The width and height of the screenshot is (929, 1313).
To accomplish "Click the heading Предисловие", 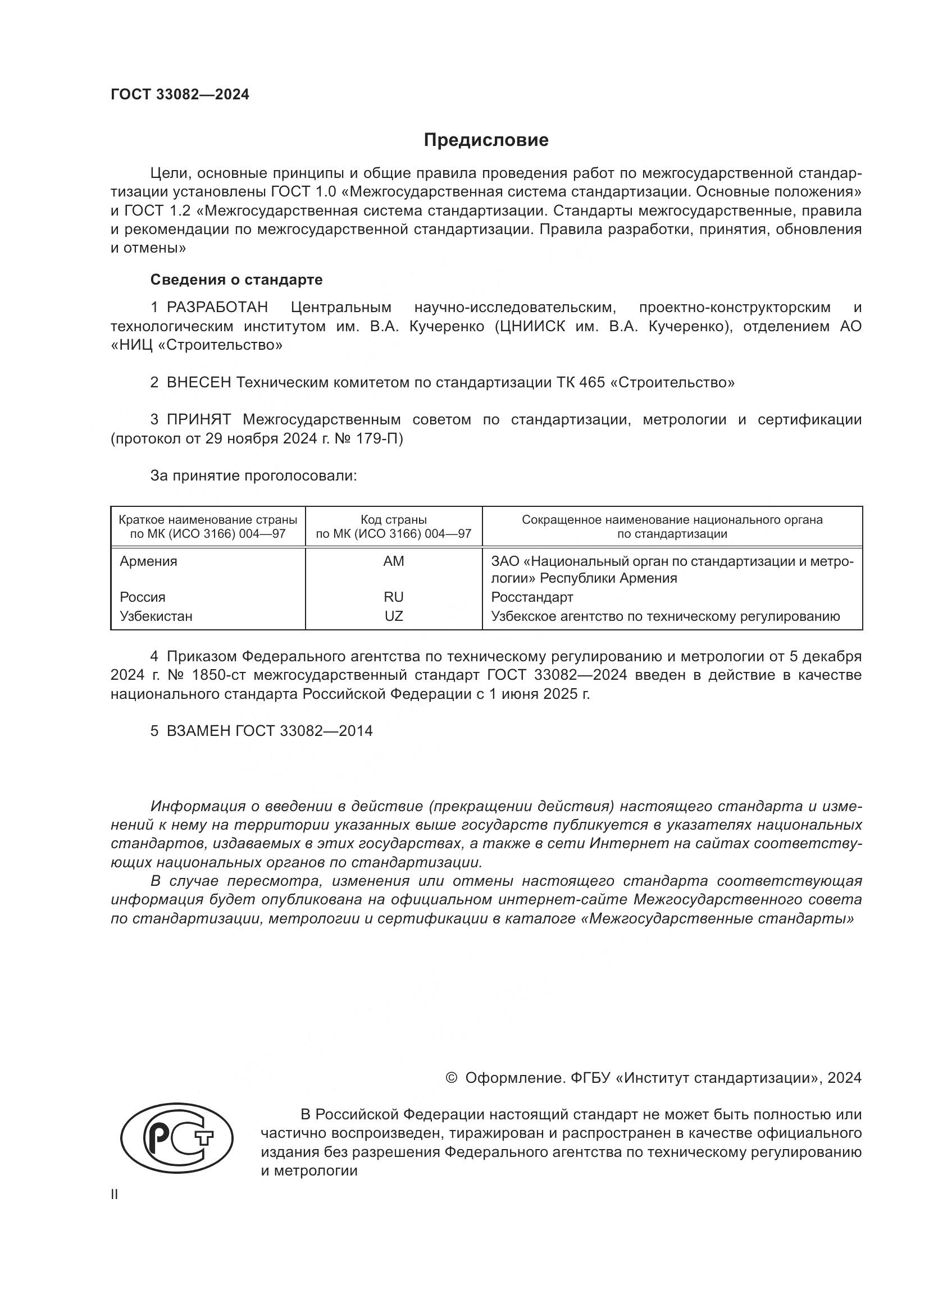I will tap(486, 140).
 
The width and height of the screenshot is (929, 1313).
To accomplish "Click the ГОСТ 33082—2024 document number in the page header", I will tap(180, 95).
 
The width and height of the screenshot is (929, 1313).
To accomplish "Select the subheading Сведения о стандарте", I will tap(236, 280).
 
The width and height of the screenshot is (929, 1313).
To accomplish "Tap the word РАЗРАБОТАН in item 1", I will tap(217, 308).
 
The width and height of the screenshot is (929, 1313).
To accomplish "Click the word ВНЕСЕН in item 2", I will tap(198, 383).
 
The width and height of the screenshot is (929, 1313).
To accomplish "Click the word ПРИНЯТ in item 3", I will tap(198, 420).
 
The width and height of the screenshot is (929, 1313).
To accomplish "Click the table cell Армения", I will tap(148, 561).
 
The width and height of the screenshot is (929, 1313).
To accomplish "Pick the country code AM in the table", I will tap(394, 561).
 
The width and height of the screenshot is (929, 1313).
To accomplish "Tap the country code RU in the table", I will tap(394, 597).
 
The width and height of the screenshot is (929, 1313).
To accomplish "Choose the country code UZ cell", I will tap(394, 616).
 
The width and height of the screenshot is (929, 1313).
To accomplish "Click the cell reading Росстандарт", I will tap(532, 597).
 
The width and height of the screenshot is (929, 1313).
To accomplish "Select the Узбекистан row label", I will tap(156, 616).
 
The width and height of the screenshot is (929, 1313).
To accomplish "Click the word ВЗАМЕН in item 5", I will tap(198, 731).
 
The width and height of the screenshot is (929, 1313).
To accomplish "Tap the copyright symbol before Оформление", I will tap(451, 1078).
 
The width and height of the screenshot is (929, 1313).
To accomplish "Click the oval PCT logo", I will tap(177, 1143).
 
